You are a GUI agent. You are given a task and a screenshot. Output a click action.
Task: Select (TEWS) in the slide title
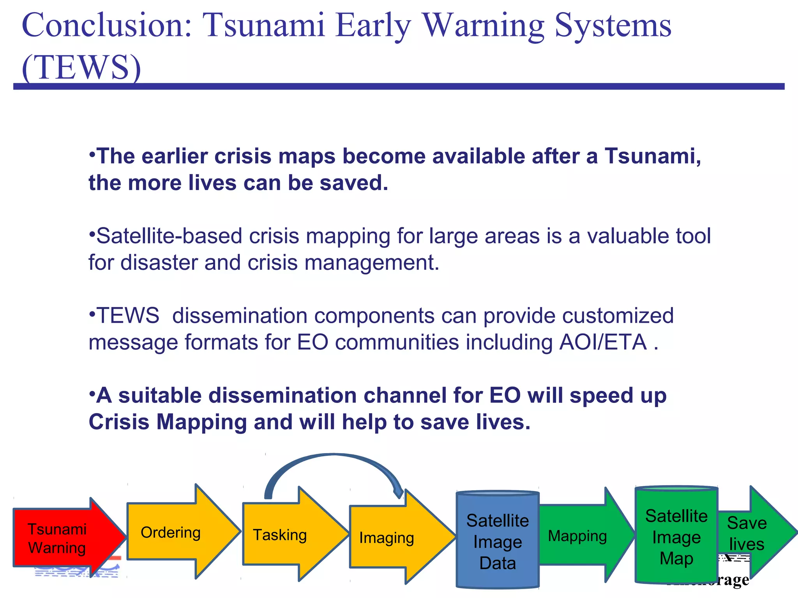click(81, 67)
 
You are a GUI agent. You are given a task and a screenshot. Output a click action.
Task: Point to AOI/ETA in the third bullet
click(603, 343)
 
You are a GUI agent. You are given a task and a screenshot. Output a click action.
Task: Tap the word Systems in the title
click(613, 25)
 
